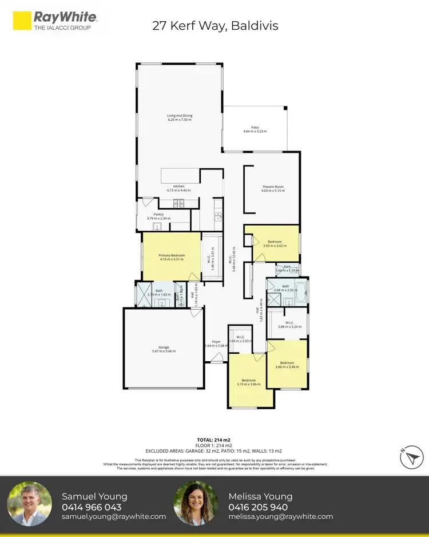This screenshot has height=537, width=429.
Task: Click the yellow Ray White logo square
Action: (x=22, y=21)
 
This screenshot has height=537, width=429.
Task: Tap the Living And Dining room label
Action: (x=179, y=117)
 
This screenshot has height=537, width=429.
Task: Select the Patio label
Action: (x=255, y=129)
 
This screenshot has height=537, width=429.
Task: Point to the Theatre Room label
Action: (x=273, y=189)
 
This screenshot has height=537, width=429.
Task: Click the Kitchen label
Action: (x=179, y=188)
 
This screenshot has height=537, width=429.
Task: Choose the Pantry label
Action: (x=158, y=216)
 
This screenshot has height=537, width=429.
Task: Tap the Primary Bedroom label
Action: (x=170, y=258)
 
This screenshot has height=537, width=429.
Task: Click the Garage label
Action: (x=164, y=349)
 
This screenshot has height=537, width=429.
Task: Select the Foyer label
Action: (x=216, y=343)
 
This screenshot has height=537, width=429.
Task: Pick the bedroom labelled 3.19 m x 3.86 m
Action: (x=248, y=382)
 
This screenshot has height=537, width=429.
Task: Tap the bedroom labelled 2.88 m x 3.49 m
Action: (x=287, y=364)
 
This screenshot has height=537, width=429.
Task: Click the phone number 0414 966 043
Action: (x=92, y=507)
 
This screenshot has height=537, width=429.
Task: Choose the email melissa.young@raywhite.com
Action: (x=281, y=516)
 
